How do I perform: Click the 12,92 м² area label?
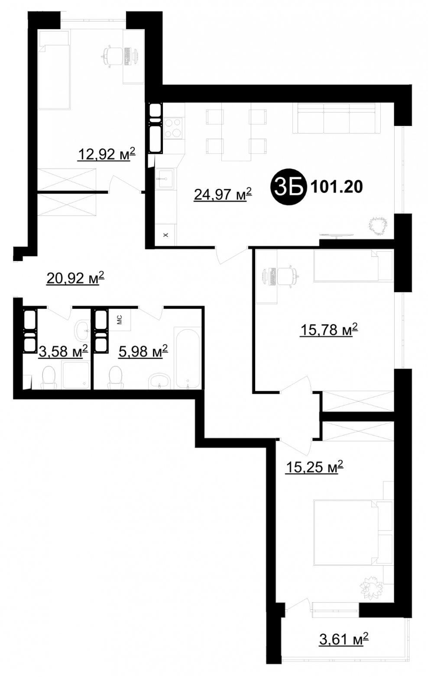[107, 154]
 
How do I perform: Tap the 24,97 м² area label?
[223, 194]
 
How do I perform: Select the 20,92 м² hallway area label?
[75, 278]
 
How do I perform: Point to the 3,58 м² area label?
[63, 351]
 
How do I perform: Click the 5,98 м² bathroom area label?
[143, 351]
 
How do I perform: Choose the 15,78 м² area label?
[329, 330]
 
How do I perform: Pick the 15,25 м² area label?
[315, 467]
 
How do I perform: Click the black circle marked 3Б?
[289, 187]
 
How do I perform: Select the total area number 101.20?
[337, 187]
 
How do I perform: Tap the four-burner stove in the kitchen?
[173, 129]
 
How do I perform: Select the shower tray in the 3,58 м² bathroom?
[76, 375]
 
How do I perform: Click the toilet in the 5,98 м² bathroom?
[116, 378]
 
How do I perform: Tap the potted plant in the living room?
[378, 226]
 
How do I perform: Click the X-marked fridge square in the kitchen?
[165, 235]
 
